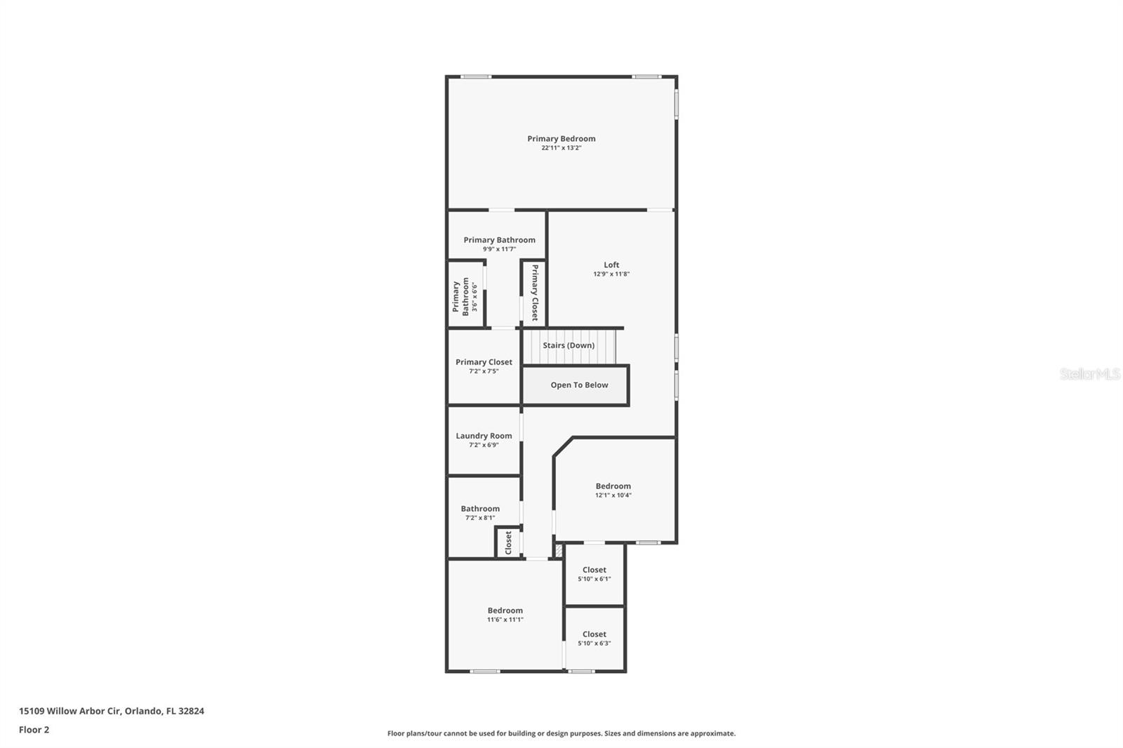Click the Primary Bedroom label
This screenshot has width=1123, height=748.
[561, 139]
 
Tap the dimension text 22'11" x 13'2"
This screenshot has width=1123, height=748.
[561, 148]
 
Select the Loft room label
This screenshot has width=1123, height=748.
[611, 265]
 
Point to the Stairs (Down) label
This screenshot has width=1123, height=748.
[569, 345]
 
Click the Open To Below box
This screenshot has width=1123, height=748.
[578, 385]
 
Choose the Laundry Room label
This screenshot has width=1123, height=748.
[484, 436]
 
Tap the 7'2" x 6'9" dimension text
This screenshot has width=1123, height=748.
[484, 445]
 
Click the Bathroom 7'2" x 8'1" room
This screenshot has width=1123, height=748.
[480, 509]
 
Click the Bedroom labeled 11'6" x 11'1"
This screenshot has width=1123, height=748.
[505, 610]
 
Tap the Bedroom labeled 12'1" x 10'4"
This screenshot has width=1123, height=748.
[613, 486]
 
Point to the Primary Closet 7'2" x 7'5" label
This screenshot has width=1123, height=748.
[484, 362]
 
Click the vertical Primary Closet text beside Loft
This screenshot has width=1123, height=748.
[534, 293]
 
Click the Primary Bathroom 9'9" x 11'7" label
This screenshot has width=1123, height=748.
[499, 240]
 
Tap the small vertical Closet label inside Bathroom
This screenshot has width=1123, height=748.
[508, 542]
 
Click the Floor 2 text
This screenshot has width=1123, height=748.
[34, 730]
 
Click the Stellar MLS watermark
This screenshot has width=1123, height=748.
[1089, 375]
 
